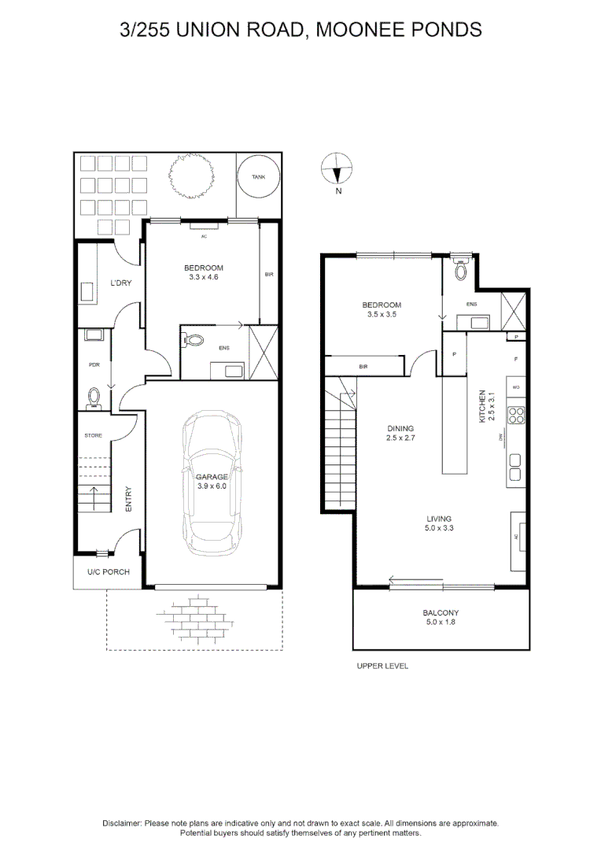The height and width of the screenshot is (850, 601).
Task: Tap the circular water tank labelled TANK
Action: click(x=258, y=177)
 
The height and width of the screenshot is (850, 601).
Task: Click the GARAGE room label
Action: click(x=212, y=477)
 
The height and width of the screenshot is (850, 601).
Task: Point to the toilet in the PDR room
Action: click(x=94, y=397)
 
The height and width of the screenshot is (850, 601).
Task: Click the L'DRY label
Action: click(x=120, y=283)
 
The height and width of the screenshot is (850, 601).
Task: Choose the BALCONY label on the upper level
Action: click(x=441, y=613)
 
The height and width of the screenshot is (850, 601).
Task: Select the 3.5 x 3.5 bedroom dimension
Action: click(x=382, y=315)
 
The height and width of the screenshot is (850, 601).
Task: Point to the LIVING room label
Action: click(x=438, y=519)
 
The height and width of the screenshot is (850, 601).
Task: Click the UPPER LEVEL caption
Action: click(x=382, y=666)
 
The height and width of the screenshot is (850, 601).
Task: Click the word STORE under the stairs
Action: click(x=94, y=435)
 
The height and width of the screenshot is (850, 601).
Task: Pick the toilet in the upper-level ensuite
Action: click(x=461, y=271)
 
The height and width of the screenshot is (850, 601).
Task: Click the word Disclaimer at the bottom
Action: click(x=122, y=822)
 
